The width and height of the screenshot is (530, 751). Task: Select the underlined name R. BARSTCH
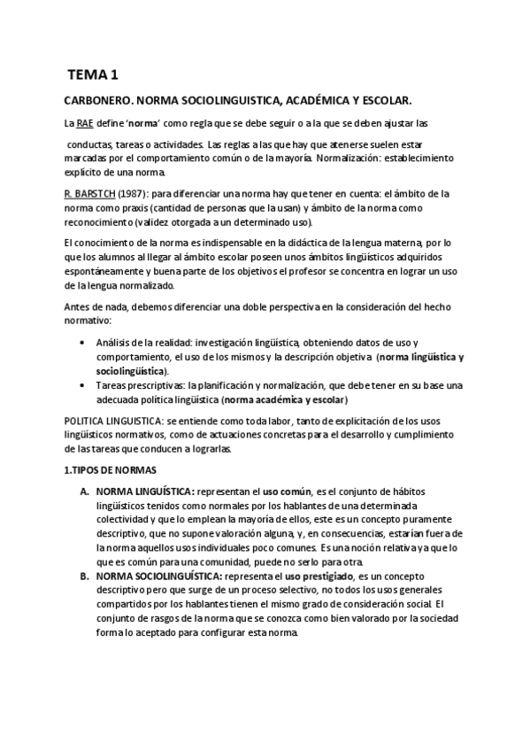tap(90, 192)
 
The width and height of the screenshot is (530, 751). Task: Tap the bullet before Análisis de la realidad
tap(82, 342)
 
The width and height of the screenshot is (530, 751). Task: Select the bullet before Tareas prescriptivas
tap(82, 385)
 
